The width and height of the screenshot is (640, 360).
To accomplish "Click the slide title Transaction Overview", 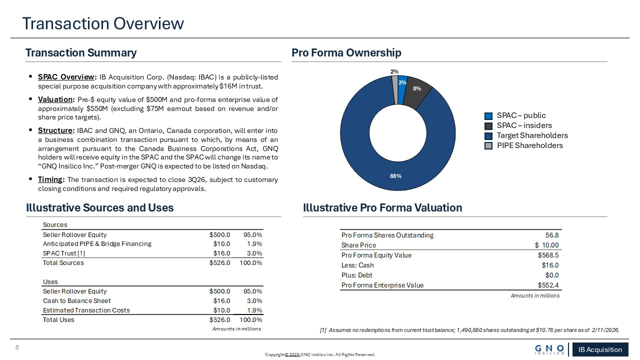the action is [x=103, y=23].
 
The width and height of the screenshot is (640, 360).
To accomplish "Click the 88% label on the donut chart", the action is [x=395, y=176].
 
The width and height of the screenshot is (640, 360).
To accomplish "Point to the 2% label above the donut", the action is [x=394, y=71].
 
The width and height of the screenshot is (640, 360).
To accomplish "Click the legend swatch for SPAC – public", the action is [x=488, y=115].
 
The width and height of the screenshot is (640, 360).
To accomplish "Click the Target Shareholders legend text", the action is [x=532, y=135].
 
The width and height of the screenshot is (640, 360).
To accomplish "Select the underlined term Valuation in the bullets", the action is [x=55, y=99].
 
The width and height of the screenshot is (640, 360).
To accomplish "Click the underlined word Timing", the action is [x=50, y=179].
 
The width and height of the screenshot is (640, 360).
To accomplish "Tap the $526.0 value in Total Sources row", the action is [x=219, y=263].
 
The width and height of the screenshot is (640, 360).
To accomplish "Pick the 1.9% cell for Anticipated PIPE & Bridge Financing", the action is [x=254, y=243].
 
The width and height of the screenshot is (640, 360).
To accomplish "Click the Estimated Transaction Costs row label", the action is [x=86, y=310].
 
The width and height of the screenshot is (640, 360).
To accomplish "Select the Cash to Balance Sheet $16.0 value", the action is [x=221, y=301].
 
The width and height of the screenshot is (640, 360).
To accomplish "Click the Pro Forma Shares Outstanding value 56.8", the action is [x=552, y=235].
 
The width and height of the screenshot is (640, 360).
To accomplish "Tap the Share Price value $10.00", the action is [x=547, y=245].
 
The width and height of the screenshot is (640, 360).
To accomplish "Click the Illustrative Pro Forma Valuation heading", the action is [x=382, y=207].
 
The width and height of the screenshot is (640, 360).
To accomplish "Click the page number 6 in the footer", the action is [x=17, y=347].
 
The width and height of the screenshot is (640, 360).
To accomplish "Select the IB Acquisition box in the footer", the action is [x=600, y=349].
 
